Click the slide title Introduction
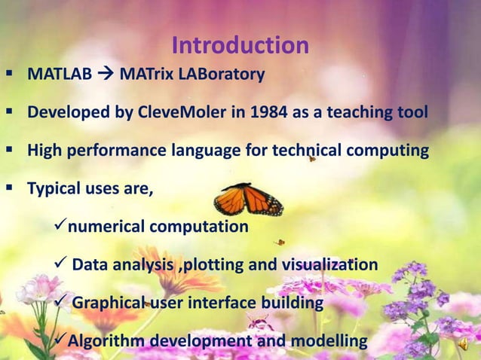pyautogui.click(x=240, y=46)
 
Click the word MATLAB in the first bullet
pyautogui.click(x=60, y=75)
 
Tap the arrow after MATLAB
pyautogui.click(x=106, y=75)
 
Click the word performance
pyautogui.click(x=107, y=151)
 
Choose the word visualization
pyautogui.click(x=329, y=264)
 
